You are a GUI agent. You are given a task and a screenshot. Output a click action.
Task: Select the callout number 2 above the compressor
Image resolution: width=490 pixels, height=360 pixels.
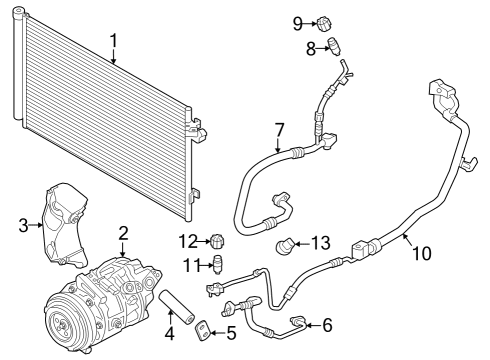123,234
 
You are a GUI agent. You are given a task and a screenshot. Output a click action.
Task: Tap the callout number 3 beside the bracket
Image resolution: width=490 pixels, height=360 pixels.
23,225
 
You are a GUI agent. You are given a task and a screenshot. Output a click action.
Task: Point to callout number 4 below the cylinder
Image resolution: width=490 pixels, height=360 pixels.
170,332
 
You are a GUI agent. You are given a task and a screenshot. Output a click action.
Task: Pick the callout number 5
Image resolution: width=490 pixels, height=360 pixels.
230,333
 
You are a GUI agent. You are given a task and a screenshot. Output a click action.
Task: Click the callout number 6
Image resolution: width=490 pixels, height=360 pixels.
326,324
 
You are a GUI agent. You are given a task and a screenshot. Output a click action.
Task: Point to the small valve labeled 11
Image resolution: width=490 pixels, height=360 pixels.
213,264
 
